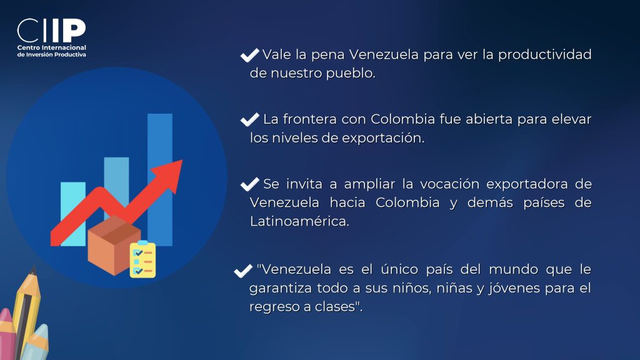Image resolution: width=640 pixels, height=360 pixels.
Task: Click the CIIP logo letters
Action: pos(51,31)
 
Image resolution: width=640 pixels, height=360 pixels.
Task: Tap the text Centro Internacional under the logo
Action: pos(51,47)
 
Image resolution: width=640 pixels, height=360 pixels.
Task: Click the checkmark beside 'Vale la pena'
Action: pos(250,55)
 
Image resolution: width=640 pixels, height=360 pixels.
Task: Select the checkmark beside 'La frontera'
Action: pos(250,119)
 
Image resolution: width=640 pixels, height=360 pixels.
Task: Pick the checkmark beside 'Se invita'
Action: pos(250,184)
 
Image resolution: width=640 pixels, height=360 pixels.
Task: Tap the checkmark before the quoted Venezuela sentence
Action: pos(243,271)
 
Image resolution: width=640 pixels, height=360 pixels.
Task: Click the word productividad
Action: pos(545,55)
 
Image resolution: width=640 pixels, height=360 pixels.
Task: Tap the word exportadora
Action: pos(527,184)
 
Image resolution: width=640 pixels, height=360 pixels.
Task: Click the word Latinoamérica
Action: pos(299,221)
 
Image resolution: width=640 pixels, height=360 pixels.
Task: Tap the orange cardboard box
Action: pos(114,245)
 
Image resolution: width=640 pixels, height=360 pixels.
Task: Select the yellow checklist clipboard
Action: pos(142,259)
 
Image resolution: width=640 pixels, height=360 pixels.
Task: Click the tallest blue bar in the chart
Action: pos(160,179)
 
